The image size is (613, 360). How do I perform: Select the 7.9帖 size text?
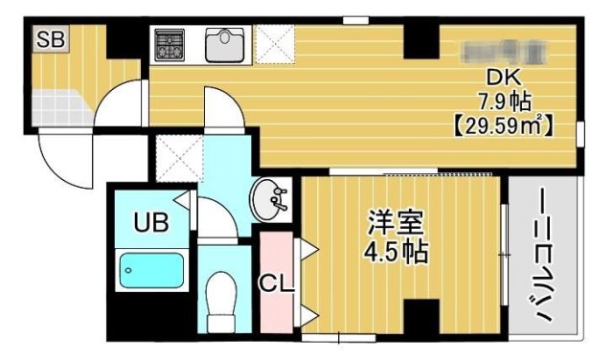coord(505,101)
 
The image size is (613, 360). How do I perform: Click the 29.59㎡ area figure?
coord(505,124)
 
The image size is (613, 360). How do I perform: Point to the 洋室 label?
coord(394,225)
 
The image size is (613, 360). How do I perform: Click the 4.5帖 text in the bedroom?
coord(395,253)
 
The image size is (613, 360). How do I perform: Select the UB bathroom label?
coord(150,224)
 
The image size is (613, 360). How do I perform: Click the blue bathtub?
coord(151,271)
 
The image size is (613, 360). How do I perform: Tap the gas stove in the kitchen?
coord(172,44)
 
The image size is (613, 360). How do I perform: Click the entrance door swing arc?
coord(62,158)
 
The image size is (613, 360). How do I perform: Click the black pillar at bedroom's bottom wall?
coord(420,317)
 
